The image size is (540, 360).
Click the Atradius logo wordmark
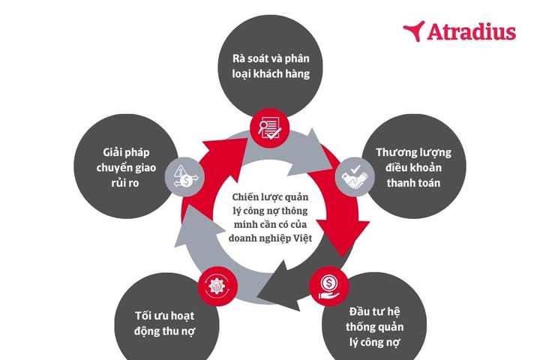(471, 31)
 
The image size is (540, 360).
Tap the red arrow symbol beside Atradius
(414, 31)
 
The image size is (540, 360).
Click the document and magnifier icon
(270, 128)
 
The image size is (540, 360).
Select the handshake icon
(355, 177)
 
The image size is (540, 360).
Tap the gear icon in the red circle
(217, 286)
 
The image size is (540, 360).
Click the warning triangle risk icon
(185, 176)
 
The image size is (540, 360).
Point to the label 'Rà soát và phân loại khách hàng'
(271, 66)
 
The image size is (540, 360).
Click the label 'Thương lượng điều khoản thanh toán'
(413, 167)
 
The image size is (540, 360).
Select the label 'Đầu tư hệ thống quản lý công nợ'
(375, 327)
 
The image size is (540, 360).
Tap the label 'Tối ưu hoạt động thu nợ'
(164, 323)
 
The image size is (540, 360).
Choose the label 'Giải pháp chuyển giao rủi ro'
(126, 167)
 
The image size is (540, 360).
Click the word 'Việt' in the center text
(303, 238)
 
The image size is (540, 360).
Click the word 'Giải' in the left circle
(112, 152)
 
